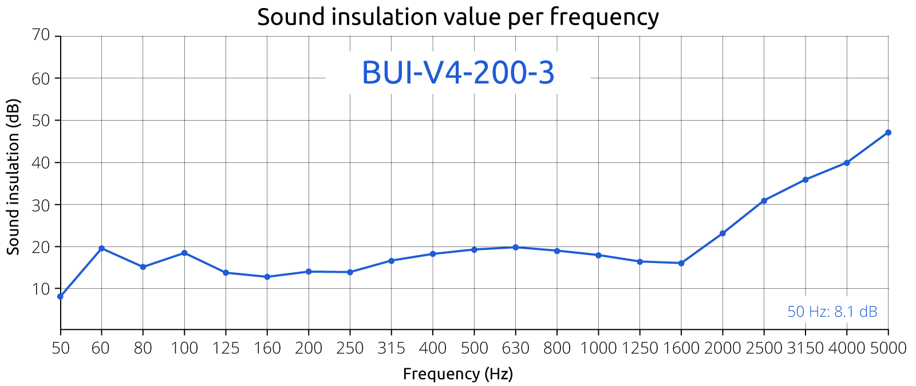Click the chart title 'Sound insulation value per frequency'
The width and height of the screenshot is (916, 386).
(x=457, y=17)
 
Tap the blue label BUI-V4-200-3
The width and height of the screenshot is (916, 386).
(x=458, y=73)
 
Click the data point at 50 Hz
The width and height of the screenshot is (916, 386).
(x=60, y=296)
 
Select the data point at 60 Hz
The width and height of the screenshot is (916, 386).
(x=101, y=248)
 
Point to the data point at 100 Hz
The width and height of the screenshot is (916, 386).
(x=184, y=253)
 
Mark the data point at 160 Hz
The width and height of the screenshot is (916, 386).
(x=267, y=277)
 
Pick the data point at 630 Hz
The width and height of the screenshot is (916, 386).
(x=515, y=247)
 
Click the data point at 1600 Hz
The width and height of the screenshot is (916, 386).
(x=681, y=263)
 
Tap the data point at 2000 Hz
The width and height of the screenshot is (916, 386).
(x=722, y=233)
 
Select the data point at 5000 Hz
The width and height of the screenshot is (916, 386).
(x=888, y=133)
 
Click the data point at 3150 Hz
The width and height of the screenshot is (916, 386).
(x=806, y=180)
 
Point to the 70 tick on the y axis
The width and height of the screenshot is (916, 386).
(x=42, y=35)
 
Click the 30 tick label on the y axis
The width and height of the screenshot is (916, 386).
(x=42, y=205)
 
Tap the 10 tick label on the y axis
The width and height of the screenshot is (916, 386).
(x=42, y=289)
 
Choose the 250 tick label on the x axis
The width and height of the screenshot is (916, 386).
(x=350, y=348)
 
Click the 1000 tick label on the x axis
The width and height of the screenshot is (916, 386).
(x=598, y=348)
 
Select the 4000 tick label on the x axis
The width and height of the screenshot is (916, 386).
(x=847, y=348)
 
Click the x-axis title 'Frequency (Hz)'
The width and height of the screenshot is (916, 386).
(x=458, y=374)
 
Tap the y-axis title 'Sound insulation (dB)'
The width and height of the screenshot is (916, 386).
(x=14, y=177)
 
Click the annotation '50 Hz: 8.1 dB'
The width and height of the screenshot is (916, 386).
(x=832, y=312)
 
